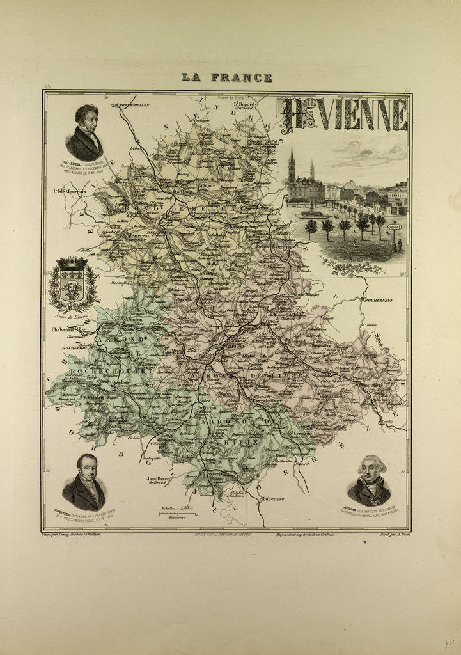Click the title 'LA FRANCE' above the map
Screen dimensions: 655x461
(227, 77)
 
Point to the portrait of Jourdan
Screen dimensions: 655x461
(369, 481)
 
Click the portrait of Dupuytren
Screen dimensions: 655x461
(84, 482)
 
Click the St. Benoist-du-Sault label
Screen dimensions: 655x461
(244, 104)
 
